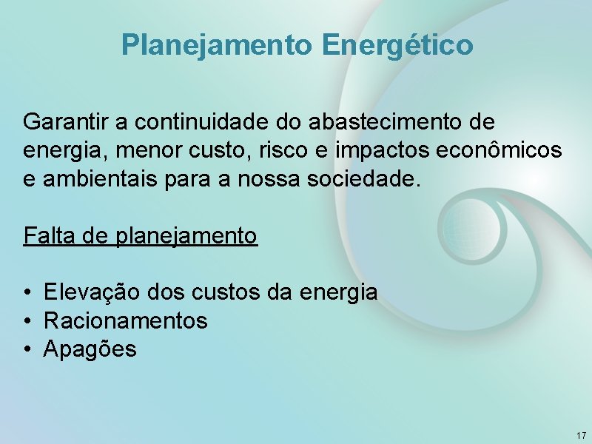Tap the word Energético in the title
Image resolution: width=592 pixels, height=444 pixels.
(397, 45)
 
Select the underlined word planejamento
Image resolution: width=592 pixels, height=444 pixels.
(186, 237)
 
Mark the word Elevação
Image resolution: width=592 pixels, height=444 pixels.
(89, 292)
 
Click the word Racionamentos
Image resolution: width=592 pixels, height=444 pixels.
(126, 321)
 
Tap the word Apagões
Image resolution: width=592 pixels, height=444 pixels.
(90, 349)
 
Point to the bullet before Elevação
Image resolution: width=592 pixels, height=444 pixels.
(27, 293)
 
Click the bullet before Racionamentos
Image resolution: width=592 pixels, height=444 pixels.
(27, 321)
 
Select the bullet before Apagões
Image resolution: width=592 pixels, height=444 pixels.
(27, 349)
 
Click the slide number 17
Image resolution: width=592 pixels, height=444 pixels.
(580, 434)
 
